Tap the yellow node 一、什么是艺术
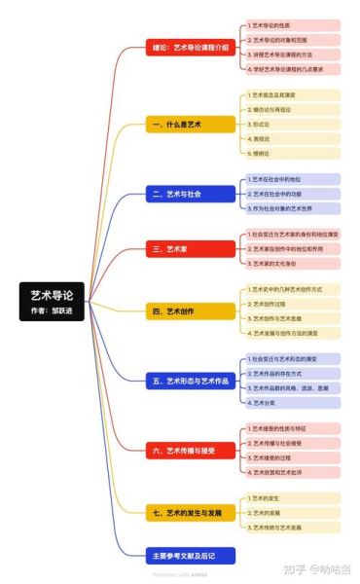tap(191, 125)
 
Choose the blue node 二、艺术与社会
tap(191, 194)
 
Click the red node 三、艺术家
tap(191, 249)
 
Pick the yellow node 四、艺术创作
tap(191, 311)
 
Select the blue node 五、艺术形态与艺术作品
tap(191, 380)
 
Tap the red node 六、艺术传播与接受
tap(191, 450)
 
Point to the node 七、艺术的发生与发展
tap(191, 511)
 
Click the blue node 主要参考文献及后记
tap(191, 557)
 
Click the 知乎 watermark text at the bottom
tap(292, 568)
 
